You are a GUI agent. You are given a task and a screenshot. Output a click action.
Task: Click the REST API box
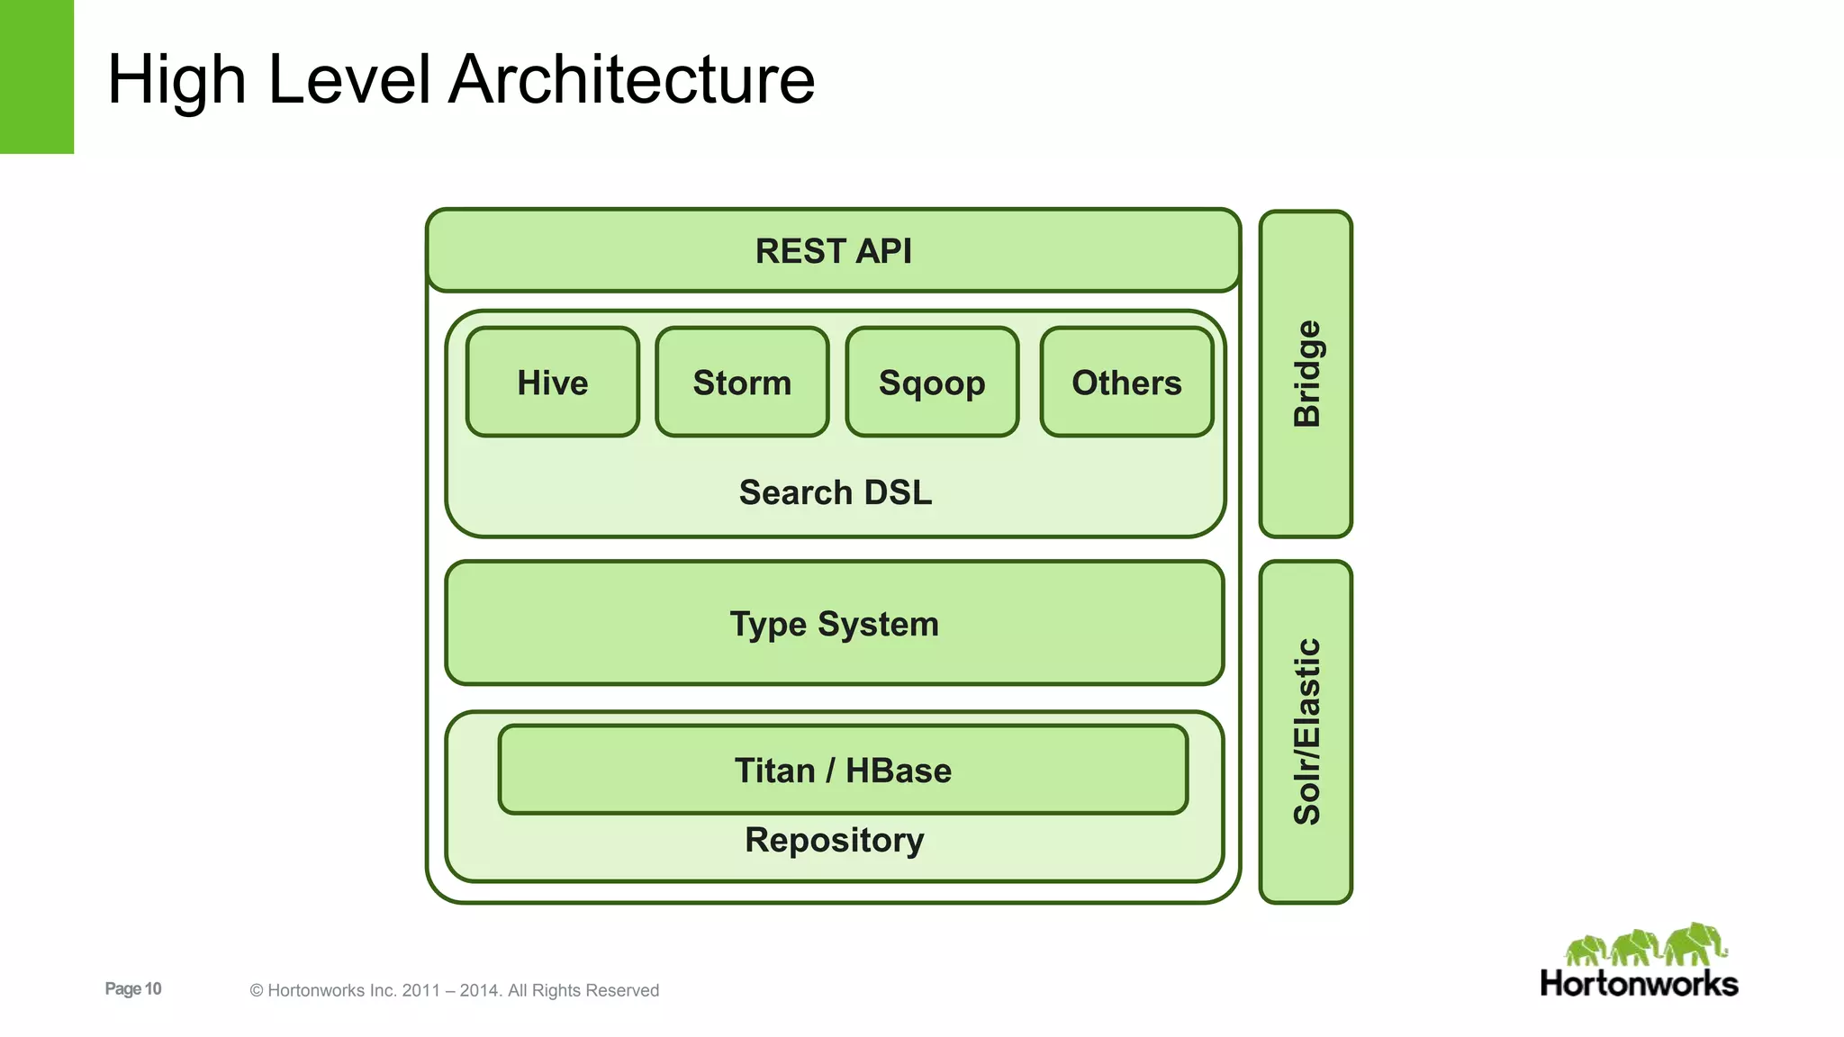833,251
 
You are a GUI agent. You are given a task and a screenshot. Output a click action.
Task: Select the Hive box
553,383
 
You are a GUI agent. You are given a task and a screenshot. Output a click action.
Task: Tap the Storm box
742,383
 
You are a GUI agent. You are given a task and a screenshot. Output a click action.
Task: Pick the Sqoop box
932,383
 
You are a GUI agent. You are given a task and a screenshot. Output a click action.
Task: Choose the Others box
1126,383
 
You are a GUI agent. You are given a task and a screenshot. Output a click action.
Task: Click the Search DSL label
835,492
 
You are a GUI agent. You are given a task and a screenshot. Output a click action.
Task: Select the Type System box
834,624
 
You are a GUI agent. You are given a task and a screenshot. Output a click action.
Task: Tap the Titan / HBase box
843,771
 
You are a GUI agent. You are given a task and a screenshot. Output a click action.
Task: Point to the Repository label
834,840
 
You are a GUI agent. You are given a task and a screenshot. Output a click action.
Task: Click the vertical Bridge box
1306,374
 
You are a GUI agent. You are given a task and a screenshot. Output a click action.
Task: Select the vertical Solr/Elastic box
1306,731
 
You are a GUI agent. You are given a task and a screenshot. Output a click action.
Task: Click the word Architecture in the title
631,79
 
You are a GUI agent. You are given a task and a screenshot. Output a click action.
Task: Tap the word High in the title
176,79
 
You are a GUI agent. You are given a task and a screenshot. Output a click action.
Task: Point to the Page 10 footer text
133,988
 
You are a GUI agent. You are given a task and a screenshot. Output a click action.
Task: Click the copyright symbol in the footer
257,991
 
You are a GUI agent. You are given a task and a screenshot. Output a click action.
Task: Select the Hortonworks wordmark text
1639,984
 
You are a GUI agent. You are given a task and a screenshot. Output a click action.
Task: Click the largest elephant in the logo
1695,943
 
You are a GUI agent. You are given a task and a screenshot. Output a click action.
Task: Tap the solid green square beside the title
36,77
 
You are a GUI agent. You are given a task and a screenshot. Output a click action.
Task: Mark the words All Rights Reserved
583,990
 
